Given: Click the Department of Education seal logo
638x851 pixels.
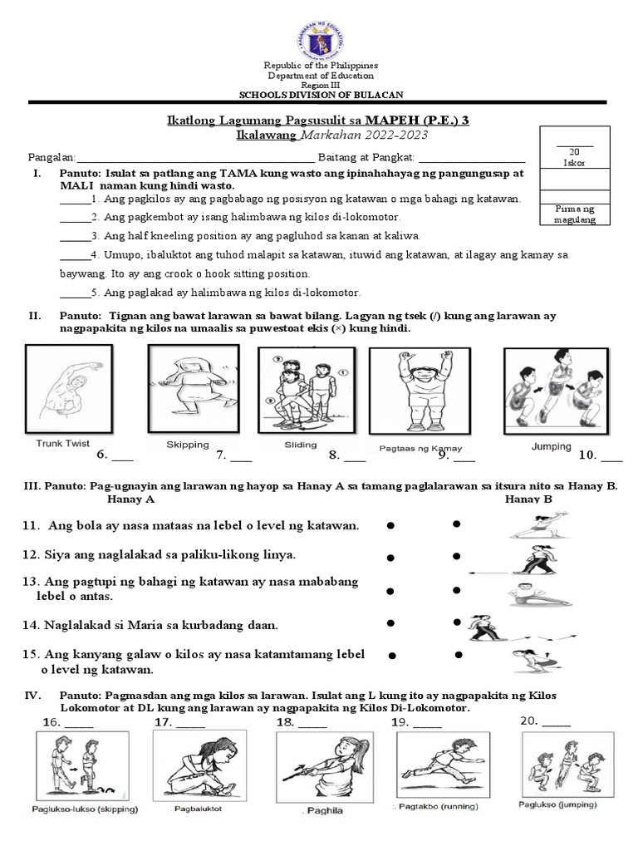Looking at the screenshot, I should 320,33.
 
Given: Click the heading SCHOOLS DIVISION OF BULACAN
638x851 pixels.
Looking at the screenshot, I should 320,95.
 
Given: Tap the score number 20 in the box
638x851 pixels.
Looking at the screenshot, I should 574,151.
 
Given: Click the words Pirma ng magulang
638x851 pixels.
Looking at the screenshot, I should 574,214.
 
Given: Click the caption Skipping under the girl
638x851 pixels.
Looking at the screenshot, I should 188,445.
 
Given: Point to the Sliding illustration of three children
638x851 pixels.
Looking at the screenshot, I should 300,388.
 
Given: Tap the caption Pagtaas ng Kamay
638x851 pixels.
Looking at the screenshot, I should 409,448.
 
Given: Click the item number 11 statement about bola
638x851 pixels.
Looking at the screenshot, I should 191,525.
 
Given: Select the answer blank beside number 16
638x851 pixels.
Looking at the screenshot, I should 79,723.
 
